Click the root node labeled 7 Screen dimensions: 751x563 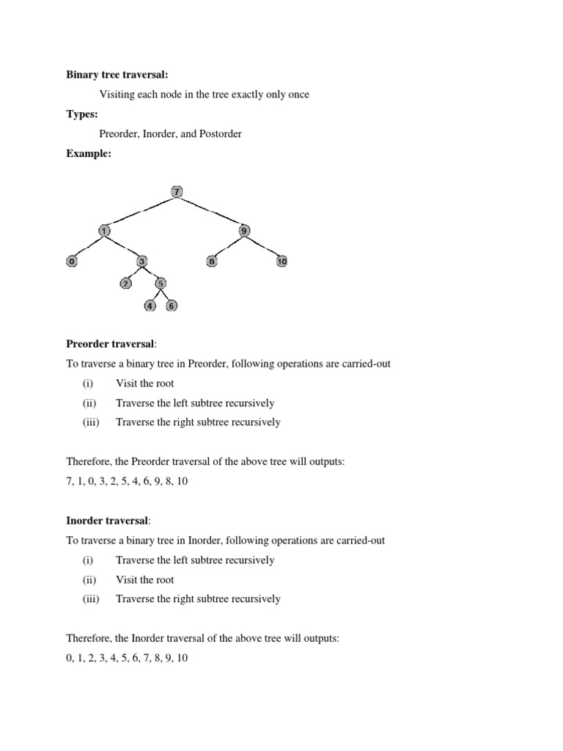click(176, 192)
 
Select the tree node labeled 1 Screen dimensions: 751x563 click(105, 231)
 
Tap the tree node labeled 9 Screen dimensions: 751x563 click(244, 231)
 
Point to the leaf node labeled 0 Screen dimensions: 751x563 click(72, 261)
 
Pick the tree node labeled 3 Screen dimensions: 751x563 click(141, 261)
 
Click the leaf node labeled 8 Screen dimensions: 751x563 click(212, 261)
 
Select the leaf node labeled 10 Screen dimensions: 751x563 click(281, 261)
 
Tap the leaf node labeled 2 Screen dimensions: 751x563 click(126, 283)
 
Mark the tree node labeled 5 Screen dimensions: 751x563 click(161, 283)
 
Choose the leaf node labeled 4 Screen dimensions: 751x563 click(150, 306)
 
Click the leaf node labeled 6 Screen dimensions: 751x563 click(171, 306)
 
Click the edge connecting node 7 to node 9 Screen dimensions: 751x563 click(211, 212)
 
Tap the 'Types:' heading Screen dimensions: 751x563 click(82, 114)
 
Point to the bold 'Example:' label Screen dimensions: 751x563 click(89, 153)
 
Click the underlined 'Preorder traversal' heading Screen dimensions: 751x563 click(110, 344)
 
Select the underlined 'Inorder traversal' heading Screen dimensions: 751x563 click(107, 521)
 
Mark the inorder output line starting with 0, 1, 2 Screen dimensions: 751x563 click(127, 658)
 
